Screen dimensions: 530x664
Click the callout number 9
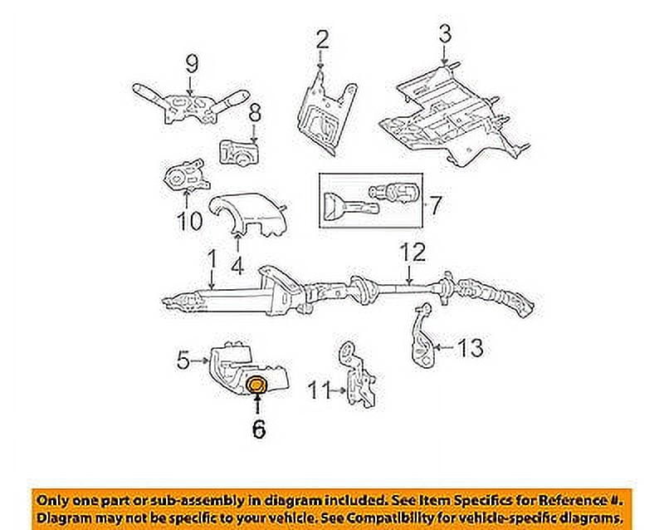coord(191,63)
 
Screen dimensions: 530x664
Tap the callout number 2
coord(322,38)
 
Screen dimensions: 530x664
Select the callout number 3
coord(445,34)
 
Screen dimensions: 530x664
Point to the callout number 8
coord(255,111)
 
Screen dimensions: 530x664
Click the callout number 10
coord(188,222)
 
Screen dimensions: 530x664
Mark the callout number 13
coord(469,348)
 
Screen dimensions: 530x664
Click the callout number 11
coord(319,387)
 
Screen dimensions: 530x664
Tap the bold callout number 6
coord(257,429)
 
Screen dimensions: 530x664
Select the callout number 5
coord(184,361)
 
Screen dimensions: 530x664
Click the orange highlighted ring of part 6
coord(257,385)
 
